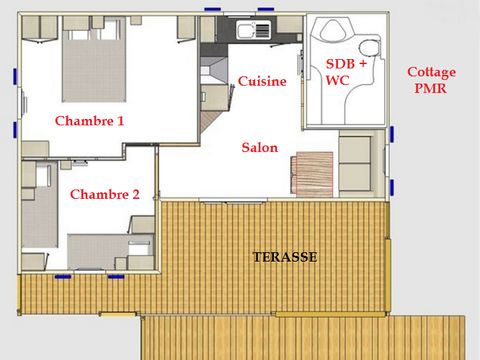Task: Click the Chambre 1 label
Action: tap(89, 121)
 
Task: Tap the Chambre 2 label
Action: tap(104, 195)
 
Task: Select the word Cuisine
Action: tap(262, 82)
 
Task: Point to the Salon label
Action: tap(259, 147)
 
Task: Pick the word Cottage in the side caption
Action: tap(432, 72)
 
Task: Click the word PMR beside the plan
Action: tap(431, 88)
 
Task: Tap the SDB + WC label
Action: tap(346, 71)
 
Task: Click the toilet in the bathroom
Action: tap(367, 46)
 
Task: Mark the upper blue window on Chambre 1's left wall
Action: tap(14, 76)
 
